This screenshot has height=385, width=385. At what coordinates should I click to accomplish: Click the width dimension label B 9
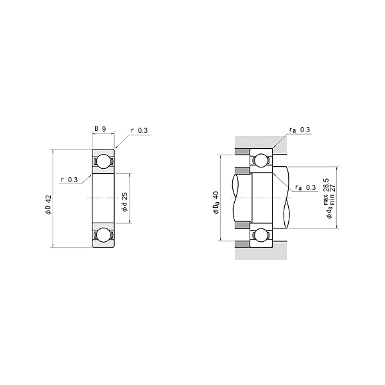click(x=100, y=128)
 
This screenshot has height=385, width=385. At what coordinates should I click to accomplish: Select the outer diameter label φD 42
click(x=48, y=206)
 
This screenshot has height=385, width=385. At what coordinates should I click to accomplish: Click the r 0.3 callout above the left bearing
click(x=139, y=131)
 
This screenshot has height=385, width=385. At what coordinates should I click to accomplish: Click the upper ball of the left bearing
click(x=102, y=162)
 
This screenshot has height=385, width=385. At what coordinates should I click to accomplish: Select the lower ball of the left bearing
click(x=102, y=235)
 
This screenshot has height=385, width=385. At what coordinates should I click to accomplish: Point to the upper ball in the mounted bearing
click(x=262, y=160)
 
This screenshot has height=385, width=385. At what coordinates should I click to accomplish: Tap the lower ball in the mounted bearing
click(x=262, y=235)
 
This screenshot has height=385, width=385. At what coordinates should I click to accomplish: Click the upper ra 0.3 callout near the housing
click(x=300, y=130)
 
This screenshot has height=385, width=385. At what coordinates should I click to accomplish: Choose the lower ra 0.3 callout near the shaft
click(x=305, y=187)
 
